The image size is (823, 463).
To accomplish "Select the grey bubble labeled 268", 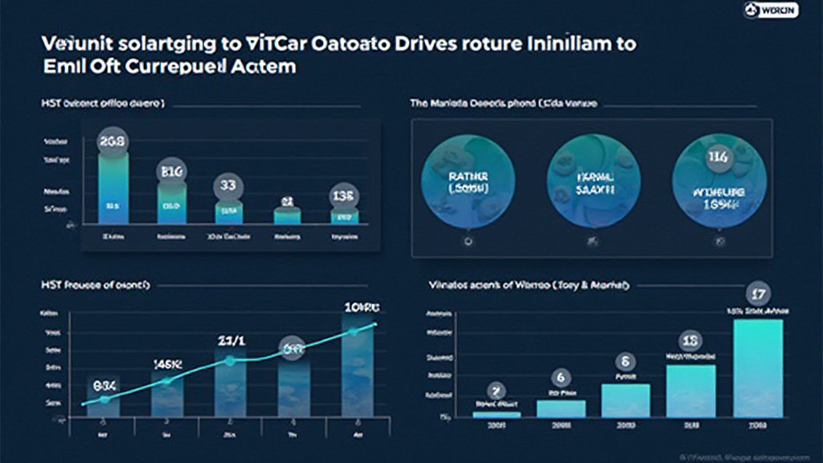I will tap(113, 141).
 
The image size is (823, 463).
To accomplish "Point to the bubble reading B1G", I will tap(172, 170).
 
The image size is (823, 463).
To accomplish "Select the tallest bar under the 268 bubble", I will tap(113, 188).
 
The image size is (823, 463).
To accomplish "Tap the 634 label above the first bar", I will tap(104, 384).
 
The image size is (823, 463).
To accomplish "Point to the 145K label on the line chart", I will tap(168, 364).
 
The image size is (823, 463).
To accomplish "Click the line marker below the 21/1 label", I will tap(230, 361).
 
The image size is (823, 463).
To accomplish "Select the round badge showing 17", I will tap(758, 293).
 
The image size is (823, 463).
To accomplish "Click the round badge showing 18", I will tap(691, 340).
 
